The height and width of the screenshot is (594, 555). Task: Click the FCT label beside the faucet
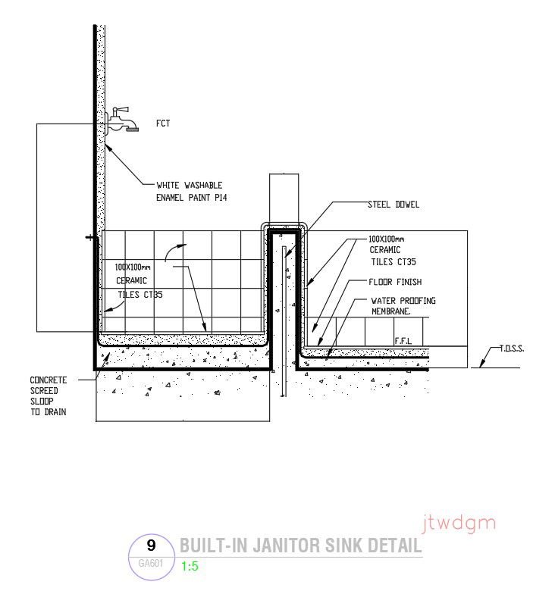click(x=162, y=123)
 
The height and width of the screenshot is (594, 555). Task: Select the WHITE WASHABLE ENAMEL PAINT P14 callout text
click(x=191, y=191)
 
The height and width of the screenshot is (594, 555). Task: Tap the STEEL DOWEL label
click(x=393, y=205)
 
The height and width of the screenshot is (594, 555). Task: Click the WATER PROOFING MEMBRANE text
click(x=403, y=305)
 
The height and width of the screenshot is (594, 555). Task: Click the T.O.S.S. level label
click(x=513, y=349)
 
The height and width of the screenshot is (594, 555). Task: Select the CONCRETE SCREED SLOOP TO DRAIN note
click(x=49, y=395)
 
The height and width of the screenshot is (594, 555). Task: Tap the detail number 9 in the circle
click(x=151, y=545)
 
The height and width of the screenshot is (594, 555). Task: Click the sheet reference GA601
click(x=150, y=563)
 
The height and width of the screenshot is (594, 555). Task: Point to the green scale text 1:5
click(x=190, y=566)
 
